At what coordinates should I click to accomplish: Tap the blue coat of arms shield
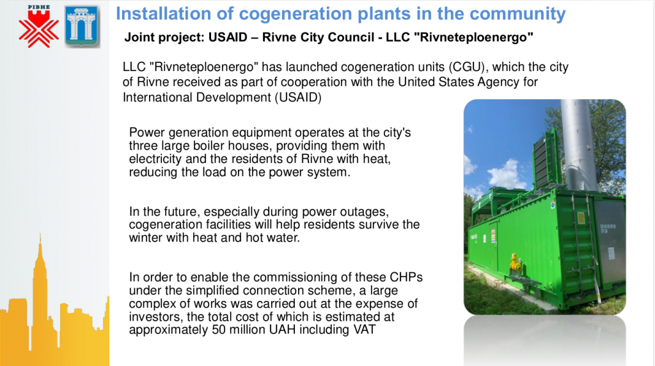coord(82,26)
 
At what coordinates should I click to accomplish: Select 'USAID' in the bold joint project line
coord(228,37)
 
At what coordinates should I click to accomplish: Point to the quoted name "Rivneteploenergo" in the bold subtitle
coord(476,37)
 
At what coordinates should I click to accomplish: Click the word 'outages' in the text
coord(366,212)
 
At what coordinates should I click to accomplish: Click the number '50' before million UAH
coord(219,330)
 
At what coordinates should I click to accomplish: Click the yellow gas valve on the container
coord(515,263)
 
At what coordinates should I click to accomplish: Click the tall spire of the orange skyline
coord(40,259)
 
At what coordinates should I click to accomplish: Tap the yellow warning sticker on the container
coord(581,217)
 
